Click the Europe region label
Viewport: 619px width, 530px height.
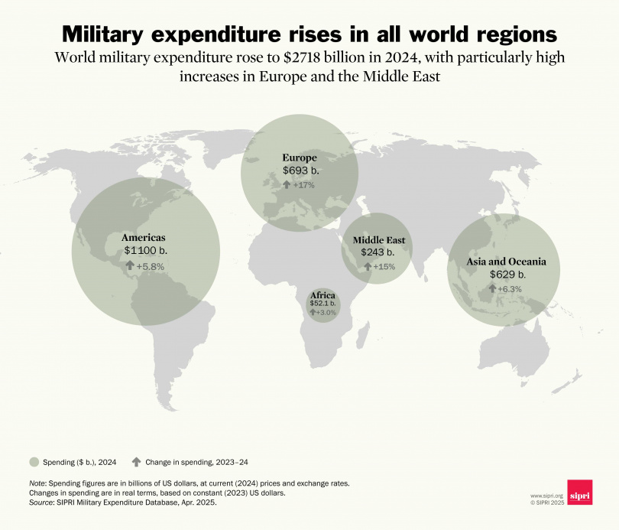300,158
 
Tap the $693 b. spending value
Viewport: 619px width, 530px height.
299,170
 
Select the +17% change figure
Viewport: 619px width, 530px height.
303,184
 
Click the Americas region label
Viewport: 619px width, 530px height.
144,237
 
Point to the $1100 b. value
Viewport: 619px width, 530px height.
145,250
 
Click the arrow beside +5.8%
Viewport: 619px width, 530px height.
130,265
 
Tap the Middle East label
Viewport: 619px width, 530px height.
378,240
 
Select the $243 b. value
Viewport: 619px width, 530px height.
378,252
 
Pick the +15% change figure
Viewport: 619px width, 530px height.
384,266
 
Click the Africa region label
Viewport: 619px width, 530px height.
322,295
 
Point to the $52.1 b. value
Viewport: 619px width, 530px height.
322,304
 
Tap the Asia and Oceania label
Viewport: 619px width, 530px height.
507,262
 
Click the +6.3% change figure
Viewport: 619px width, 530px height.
509,289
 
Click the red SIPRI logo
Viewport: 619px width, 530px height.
580,493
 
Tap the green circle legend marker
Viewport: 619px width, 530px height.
34,461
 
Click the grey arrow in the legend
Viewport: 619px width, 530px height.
136,461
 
